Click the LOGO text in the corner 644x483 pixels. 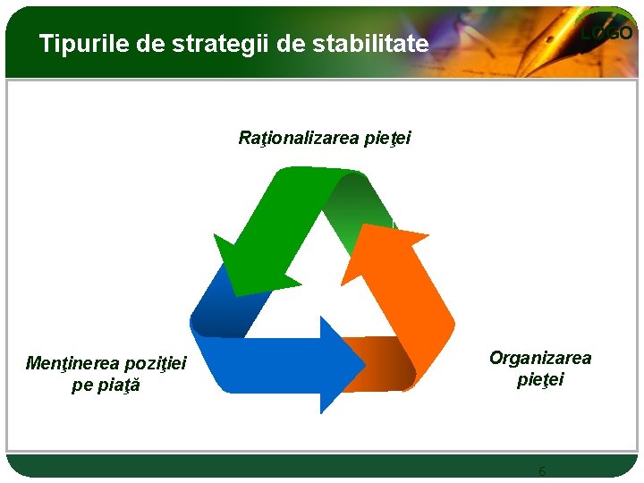coord(607,33)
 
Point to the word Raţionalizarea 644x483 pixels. coord(300,138)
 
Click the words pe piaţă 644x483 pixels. coord(106,386)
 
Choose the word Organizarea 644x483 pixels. coord(539,358)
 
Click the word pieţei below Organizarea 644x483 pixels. coord(539,379)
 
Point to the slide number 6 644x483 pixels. coord(541,470)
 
